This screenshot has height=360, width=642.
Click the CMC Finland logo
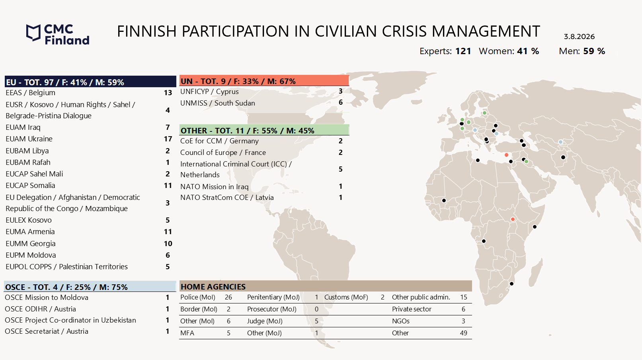pos(58,34)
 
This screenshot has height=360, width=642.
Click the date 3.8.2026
pos(579,37)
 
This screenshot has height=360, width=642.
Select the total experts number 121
pos(463,51)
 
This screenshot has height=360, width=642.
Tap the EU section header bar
pos(90,82)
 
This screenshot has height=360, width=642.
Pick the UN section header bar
pos(264,80)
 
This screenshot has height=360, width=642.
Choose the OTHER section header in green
pos(264,130)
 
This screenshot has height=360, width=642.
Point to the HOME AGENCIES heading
pos(213,287)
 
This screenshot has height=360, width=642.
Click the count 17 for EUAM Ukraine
pos(168,139)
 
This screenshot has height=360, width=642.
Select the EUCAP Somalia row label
pos(30,186)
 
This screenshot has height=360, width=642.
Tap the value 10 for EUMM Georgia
pos(168,244)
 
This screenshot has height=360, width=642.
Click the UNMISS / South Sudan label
pos(218,103)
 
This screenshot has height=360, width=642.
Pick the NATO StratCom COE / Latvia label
pos(227,198)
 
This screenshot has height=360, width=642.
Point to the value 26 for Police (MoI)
pos(228,297)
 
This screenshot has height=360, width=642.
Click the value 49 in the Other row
pos(463,333)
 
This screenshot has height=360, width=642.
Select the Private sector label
pos(412,309)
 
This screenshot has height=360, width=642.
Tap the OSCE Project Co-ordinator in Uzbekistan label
pos(70,320)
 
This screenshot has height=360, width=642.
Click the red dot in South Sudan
pos(513,219)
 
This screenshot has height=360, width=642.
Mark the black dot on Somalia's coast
pos(535,227)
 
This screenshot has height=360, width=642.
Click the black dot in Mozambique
pos(511,284)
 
